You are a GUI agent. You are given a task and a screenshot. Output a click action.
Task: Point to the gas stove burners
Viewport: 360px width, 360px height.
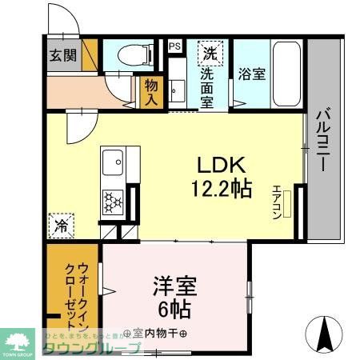pyautogui.click(x=112, y=201)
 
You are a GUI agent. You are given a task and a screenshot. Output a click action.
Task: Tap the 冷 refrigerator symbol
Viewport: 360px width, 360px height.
pyautogui.click(x=61, y=224)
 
